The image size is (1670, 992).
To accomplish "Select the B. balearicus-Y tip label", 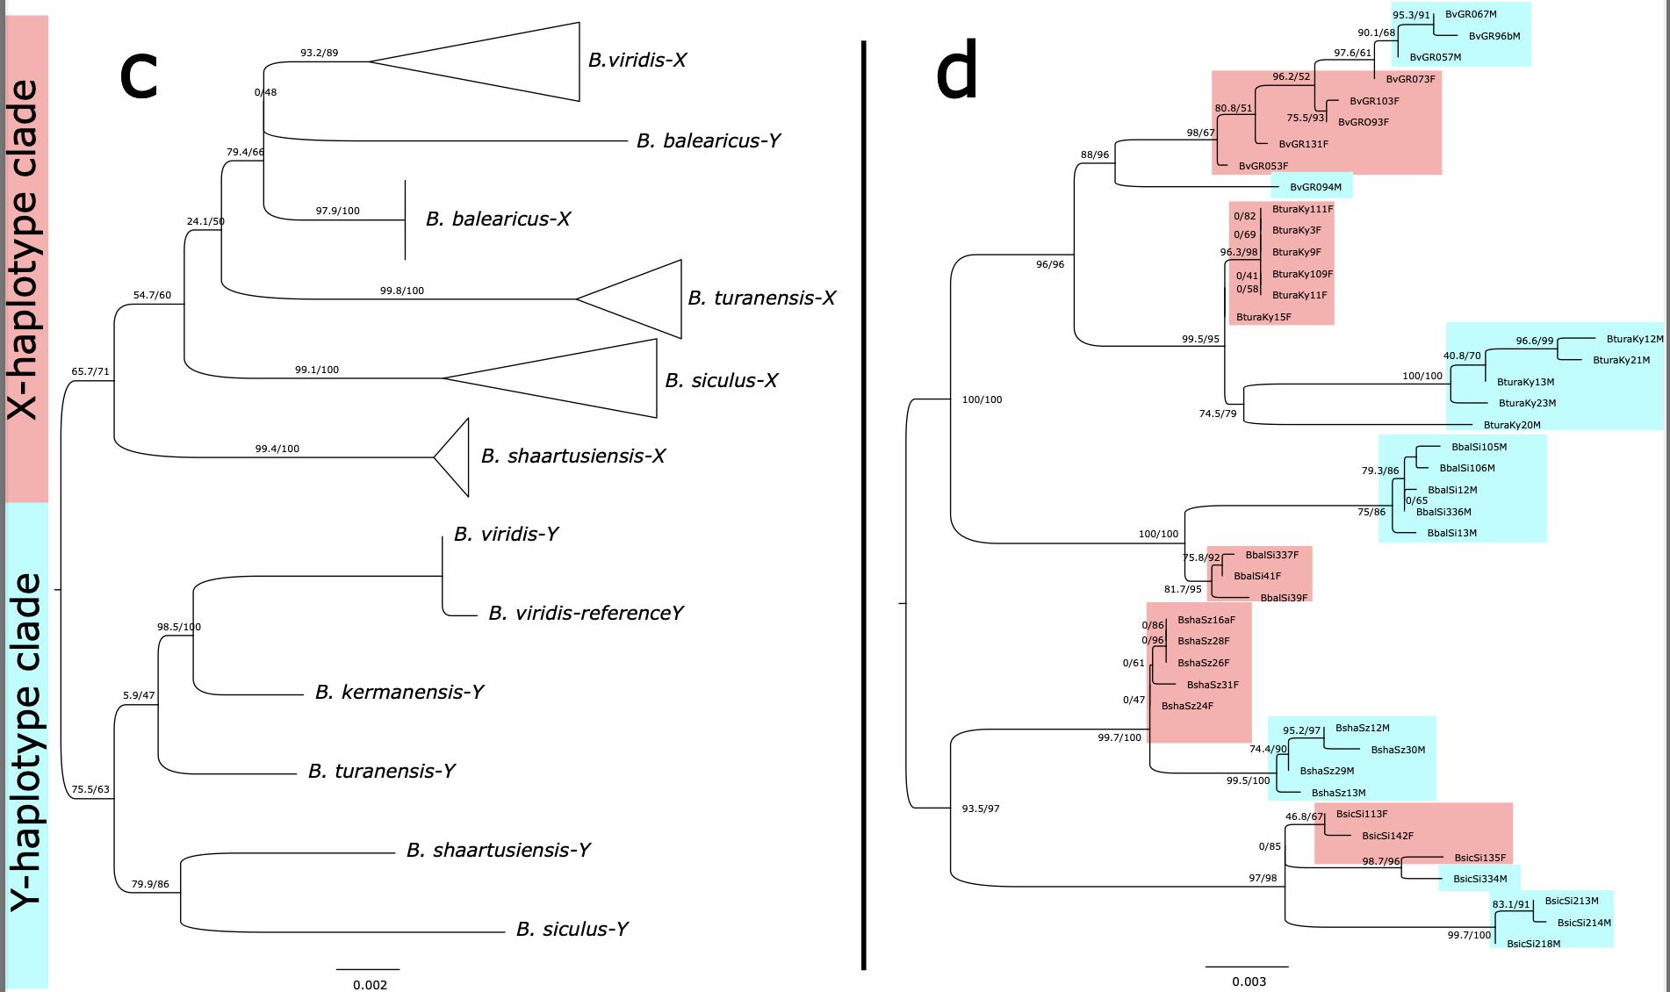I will click(x=708, y=140).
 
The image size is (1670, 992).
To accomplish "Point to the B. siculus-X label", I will click(x=721, y=380).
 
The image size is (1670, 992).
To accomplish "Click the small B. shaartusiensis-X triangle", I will click(x=456, y=456).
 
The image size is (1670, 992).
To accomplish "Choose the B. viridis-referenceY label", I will click(x=586, y=613).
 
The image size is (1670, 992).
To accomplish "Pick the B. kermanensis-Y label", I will click(x=400, y=692).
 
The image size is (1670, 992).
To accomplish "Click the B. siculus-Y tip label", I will click(x=572, y=929).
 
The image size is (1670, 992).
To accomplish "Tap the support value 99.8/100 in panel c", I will click(x=402, y=291).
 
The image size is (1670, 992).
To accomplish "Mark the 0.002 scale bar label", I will click(x=370, y=985).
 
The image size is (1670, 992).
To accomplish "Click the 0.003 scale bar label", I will click(x=1249, y=981).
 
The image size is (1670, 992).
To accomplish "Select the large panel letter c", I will click(x=138, y=75).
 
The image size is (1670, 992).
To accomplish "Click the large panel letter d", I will click(x=956, y=75).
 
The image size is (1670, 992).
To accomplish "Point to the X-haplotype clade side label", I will click(x=24, y=250).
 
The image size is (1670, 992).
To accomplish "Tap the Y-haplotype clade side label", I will click(x=24, y=742).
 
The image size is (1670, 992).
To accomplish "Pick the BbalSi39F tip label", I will click(x=1284, y=598).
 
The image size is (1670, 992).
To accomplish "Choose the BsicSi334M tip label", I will click(x=1479, y=879).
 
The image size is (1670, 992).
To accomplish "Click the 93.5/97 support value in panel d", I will click(x=981, y=809).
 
